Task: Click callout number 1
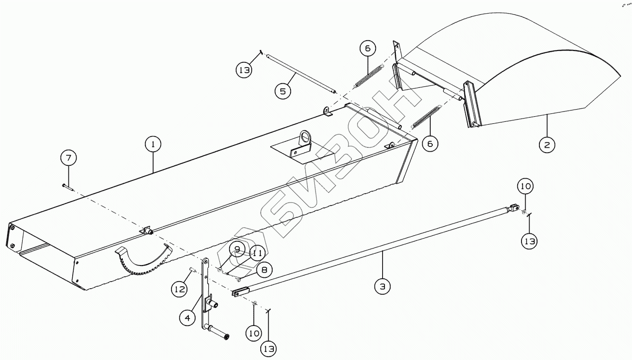tap(153, 145)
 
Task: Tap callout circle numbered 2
tap(547, 145)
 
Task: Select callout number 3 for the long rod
tap(382, 286)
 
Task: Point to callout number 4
tap(188, 318)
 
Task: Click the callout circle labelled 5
tap(282, 91)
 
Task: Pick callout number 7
tap(68, 158)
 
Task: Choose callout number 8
tap(264, 270)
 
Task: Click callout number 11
tap(256, 253)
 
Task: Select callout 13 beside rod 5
tap(244, 70)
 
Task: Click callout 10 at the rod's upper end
tap(526, 187)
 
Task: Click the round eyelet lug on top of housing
tap(304, 140)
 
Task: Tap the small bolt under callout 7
tap(66, 187)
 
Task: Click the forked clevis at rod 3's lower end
tap(239, 292)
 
